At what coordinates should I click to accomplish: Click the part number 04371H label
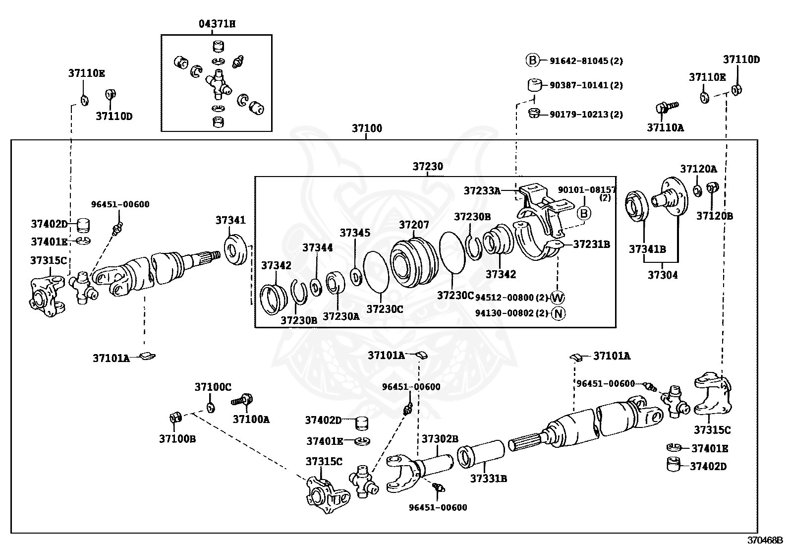click(217, 23)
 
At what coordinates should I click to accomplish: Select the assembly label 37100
click(367, 128)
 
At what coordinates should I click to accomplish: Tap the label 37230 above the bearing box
click(428, 167)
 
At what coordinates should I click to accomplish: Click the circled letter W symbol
click(558, 298)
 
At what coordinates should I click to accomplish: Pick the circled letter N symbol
click(558, 313)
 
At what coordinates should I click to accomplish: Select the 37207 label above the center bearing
click(414, 225)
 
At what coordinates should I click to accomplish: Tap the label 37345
click(355, 233)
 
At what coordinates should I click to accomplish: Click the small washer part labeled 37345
click(355, 275)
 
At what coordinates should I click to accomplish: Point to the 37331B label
click(488, 479)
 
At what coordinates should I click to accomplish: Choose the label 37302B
click(440, 438)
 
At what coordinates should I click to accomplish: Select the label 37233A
click(482, 190)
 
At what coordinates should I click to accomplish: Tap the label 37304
click(663, 275)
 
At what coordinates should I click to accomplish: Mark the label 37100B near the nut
click(177, 439)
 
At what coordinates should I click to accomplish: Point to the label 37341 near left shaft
click(230, 220)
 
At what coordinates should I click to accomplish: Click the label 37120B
click(714, 216)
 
